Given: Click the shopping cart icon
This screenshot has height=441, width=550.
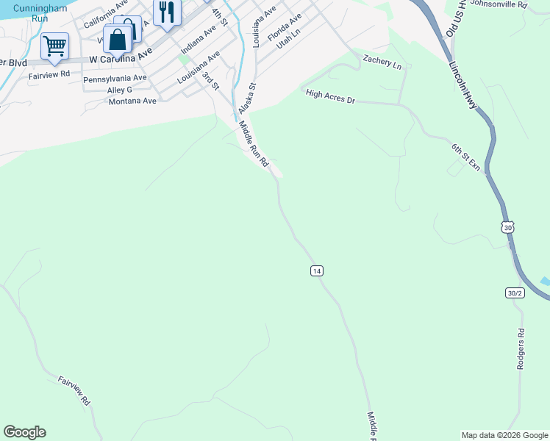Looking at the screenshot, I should [54, 46].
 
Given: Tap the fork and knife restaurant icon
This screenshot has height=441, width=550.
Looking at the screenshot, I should [167, 12].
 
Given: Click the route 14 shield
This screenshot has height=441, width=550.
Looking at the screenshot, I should [316, 271].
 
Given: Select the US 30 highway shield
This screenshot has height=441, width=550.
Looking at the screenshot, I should [507, 228].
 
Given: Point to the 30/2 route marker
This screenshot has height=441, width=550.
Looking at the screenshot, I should [515, 293].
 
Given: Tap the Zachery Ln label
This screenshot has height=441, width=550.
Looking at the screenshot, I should [382, 62].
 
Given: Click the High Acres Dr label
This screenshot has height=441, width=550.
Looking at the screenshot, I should [330, 96].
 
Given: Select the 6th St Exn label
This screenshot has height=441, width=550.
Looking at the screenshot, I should [465, 157].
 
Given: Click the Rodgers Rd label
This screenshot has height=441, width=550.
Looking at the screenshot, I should [521, 348].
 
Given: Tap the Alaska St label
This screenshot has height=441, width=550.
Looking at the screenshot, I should [246, 96].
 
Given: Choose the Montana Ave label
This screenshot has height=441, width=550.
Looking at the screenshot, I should [132, 101].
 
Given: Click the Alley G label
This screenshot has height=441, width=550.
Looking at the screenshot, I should [119, 90].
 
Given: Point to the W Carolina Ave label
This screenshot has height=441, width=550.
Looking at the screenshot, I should [120, 57].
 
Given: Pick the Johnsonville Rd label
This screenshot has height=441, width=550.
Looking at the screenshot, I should [499, 4].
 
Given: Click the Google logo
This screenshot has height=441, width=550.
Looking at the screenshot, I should [24, 432].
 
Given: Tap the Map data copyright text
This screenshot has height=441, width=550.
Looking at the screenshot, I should [504, 435].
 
